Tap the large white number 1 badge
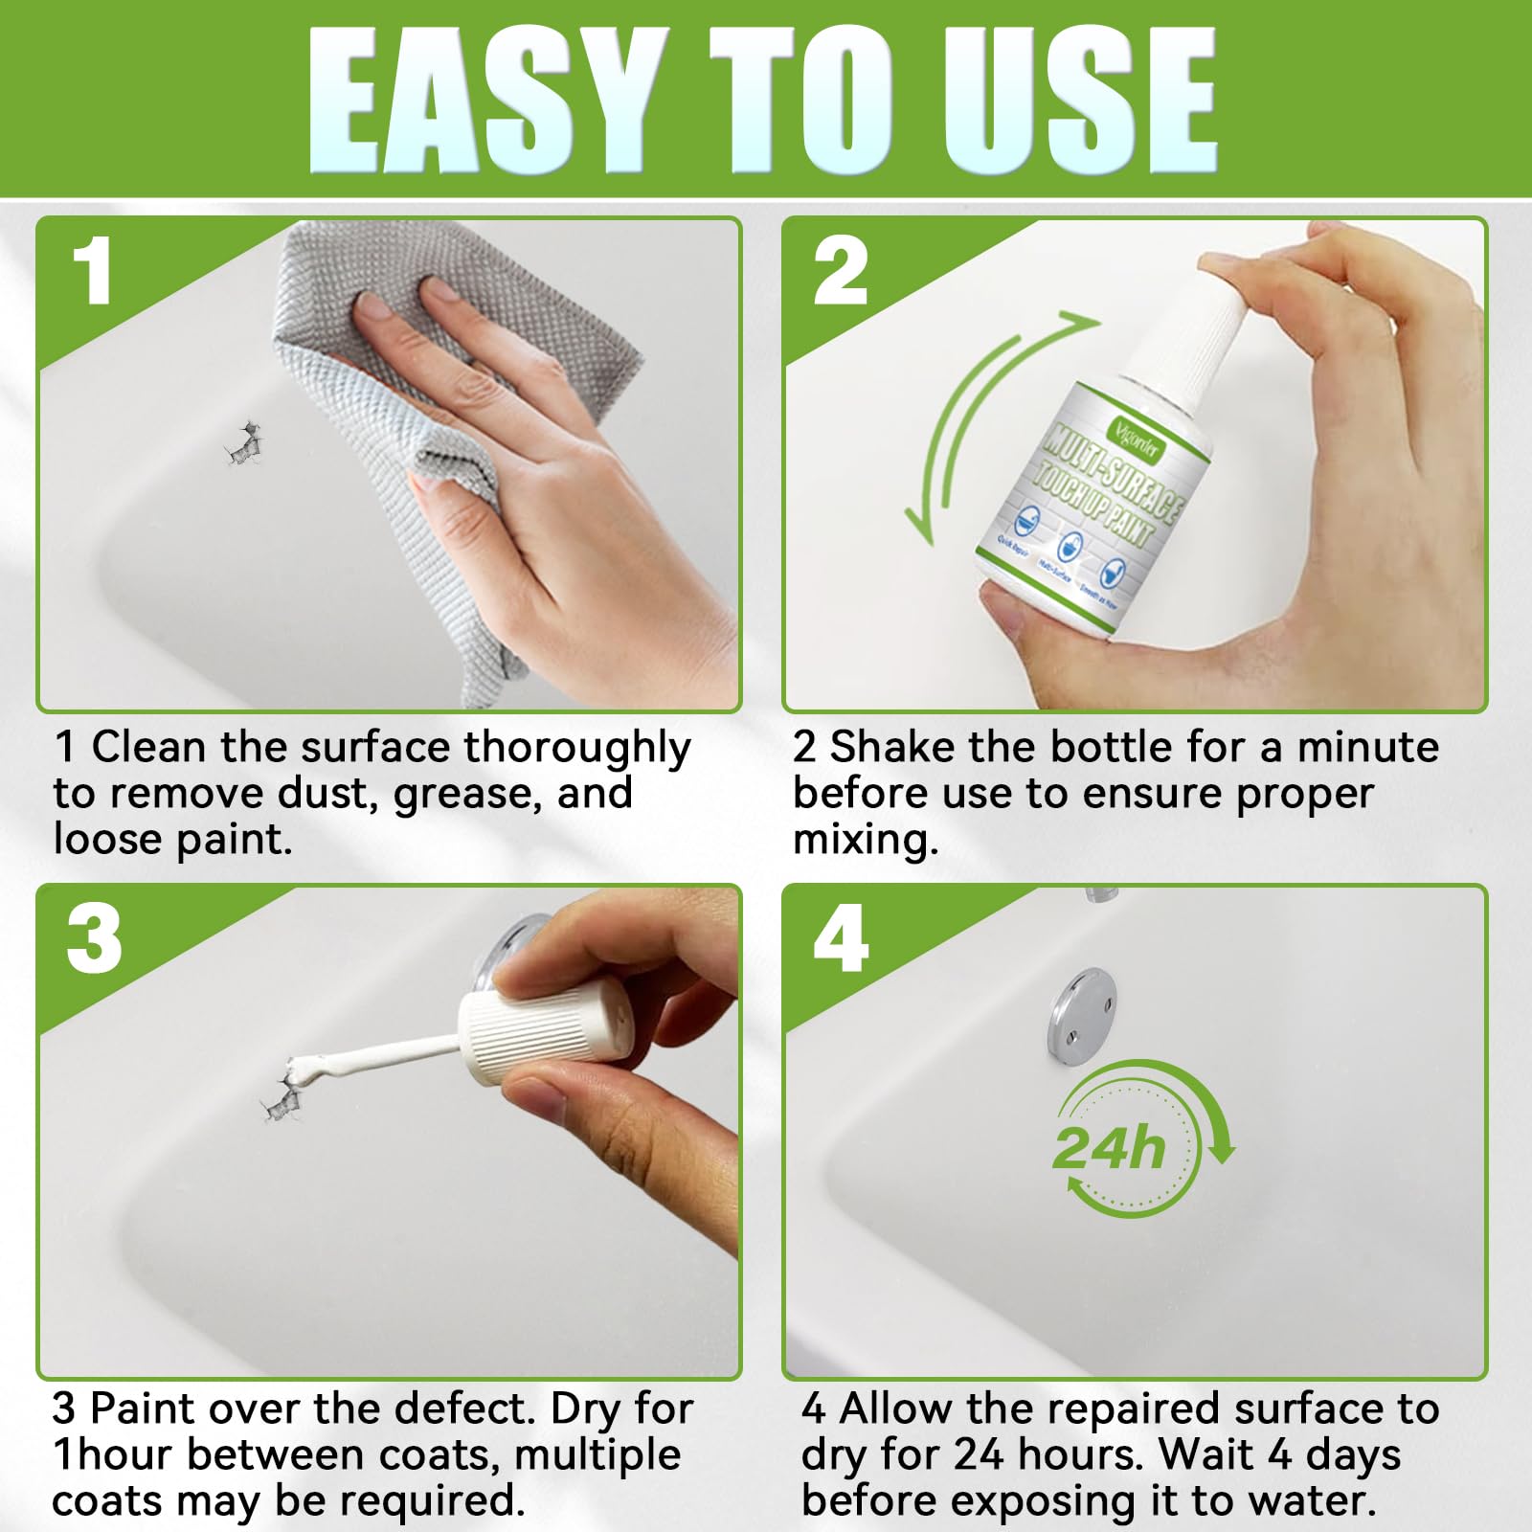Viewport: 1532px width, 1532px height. [93, 272]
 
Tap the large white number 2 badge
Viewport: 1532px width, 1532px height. [841, 272]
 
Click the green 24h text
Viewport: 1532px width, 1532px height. [1109, 1148]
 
